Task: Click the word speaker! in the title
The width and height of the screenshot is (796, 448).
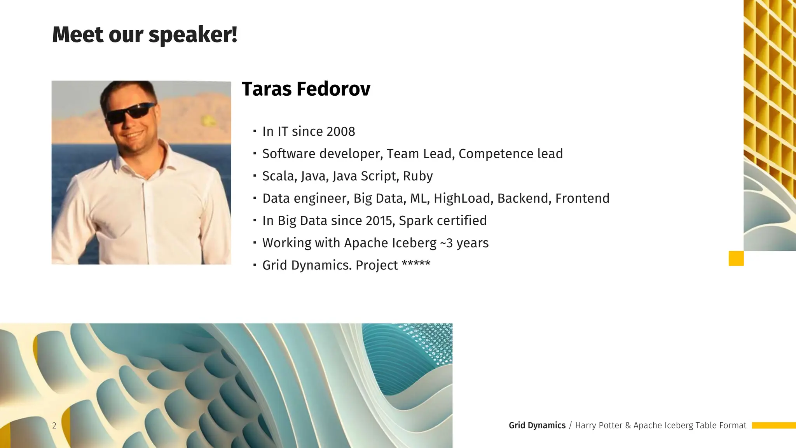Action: pos(193,35)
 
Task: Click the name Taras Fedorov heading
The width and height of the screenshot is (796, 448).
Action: pos(306,89)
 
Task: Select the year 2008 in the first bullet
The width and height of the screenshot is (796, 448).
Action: pos(340,131)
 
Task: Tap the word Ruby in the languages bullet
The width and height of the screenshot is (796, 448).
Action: pos(418,176)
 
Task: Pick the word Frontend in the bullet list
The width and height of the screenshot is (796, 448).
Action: pos(582,198)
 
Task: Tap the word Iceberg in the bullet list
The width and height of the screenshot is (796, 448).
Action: pos(414,243)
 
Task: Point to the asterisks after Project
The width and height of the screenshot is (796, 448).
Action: pos(416,264)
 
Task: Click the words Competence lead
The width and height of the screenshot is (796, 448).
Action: pos(510,154)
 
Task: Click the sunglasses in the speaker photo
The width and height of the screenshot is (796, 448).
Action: pos(130,112)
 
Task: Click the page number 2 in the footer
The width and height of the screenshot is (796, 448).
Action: pos(54,425)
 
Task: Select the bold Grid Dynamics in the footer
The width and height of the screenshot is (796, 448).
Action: pos(537,425)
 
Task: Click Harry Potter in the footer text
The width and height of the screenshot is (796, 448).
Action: pos(599,425)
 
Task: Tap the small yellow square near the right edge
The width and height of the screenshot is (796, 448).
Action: pos(736,259)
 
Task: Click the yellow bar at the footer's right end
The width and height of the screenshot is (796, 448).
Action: pos(773,425)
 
